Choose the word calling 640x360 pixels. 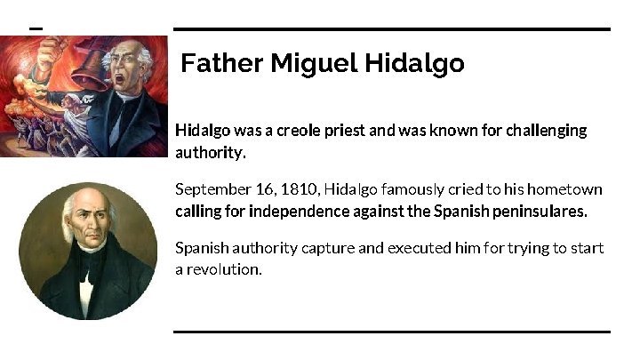point(197,212)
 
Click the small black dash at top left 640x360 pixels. point(36,28)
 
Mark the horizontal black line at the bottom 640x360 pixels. point(392,332)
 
